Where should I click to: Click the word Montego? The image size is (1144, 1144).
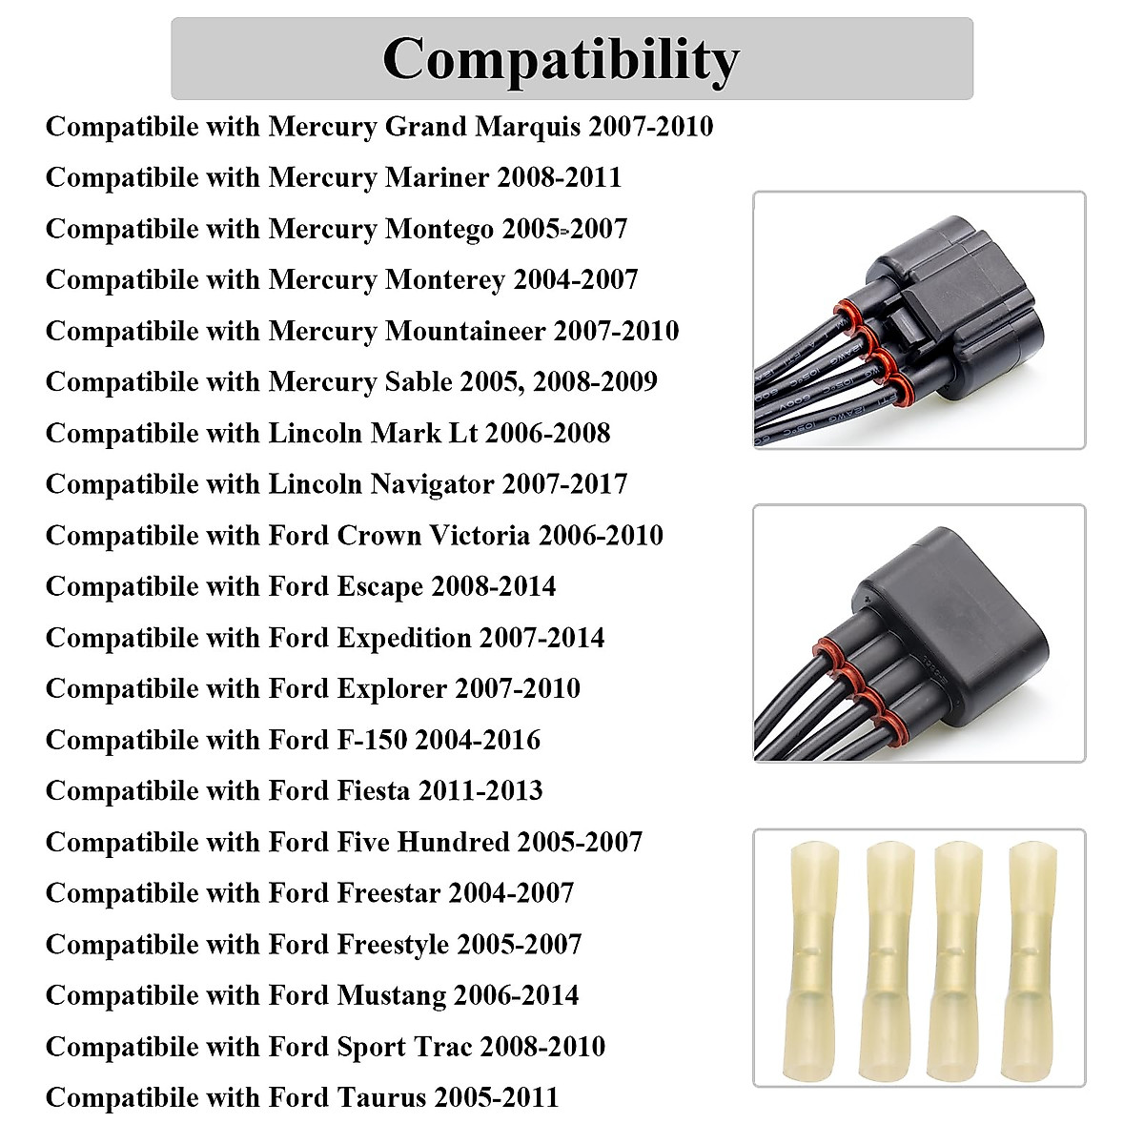439,230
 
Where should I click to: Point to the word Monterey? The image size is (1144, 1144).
444,280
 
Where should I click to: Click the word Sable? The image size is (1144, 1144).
419,382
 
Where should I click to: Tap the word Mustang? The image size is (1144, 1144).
391,995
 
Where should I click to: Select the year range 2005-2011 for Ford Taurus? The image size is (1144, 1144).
497,1097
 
